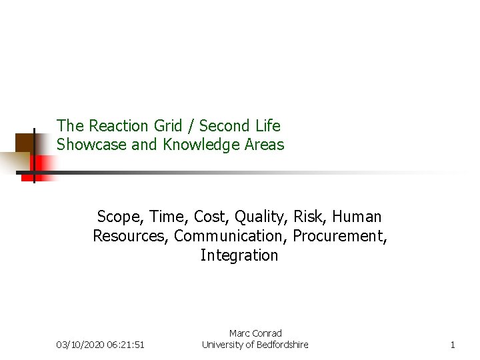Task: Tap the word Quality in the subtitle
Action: [257, 217]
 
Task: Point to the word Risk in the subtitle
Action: [310, 217]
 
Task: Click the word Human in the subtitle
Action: [357, 217]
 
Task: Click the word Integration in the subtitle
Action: [239, 255]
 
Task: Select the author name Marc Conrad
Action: [255, 333]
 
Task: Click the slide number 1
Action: [453, 345]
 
